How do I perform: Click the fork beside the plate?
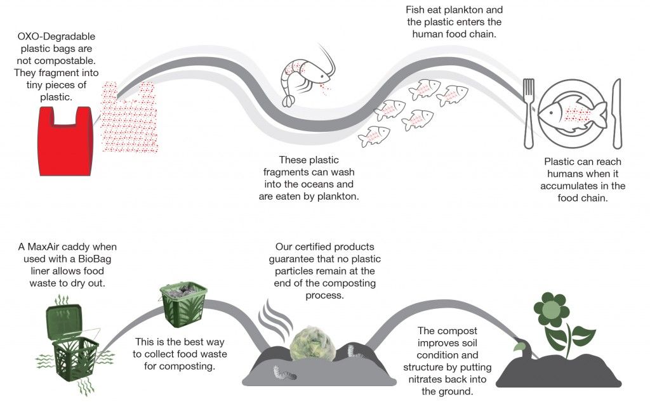[529, 112]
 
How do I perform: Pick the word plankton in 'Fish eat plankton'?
[467, 11]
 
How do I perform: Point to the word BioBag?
[100, 259]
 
